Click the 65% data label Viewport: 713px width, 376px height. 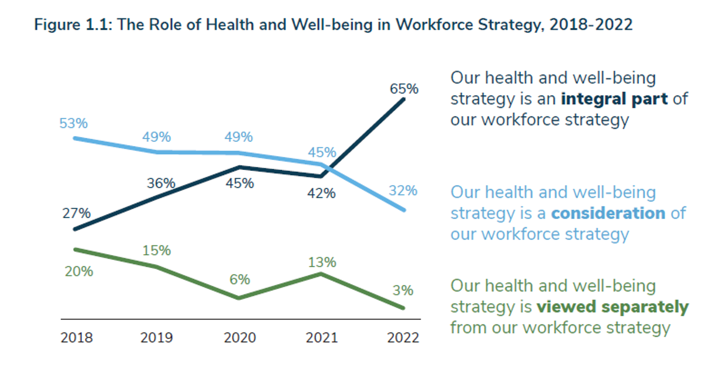404,89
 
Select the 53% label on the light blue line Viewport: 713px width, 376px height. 74,123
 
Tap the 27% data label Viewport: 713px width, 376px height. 77,213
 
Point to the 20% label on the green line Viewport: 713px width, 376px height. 79,271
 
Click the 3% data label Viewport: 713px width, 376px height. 403,291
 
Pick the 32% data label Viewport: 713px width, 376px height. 403,191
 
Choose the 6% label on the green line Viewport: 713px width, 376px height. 240,279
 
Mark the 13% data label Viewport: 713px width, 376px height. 322,262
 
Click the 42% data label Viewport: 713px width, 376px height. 322,193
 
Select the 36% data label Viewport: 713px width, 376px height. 161,183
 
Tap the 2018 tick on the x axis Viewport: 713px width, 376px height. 77,337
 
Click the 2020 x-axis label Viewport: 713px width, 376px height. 240,337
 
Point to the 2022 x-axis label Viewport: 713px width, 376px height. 403,337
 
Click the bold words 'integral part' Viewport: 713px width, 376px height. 614,99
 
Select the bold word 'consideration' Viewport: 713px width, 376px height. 608,213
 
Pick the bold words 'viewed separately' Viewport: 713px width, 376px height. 612,307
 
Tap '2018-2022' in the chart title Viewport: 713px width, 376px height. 591,24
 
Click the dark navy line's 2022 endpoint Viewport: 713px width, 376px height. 404,99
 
